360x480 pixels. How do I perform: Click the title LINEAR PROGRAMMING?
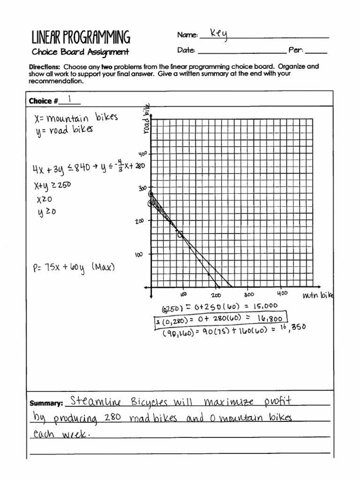[x=80, y=37]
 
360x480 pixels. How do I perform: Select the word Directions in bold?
[x=44, y=67]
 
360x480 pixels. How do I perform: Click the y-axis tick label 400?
[x=142, y=154]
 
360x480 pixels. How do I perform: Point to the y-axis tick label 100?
[x=139, y=255]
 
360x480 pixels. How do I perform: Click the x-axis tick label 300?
[x=248, y=294]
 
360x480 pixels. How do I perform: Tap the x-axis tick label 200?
[x=216, y=295]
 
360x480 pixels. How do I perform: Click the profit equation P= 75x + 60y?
[x=59, y=269]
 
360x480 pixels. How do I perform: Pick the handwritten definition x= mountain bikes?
[x=76, y=117]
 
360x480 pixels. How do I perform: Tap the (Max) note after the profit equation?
[x=103, y=267]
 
